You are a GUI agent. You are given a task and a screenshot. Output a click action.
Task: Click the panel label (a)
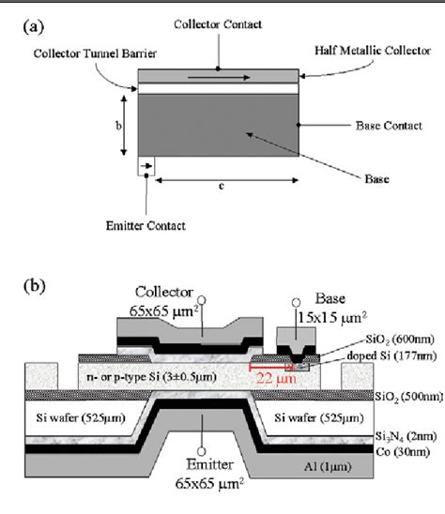(x=32, y=28)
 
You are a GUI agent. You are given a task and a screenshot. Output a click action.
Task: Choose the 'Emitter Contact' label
(x=146, y=225)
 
